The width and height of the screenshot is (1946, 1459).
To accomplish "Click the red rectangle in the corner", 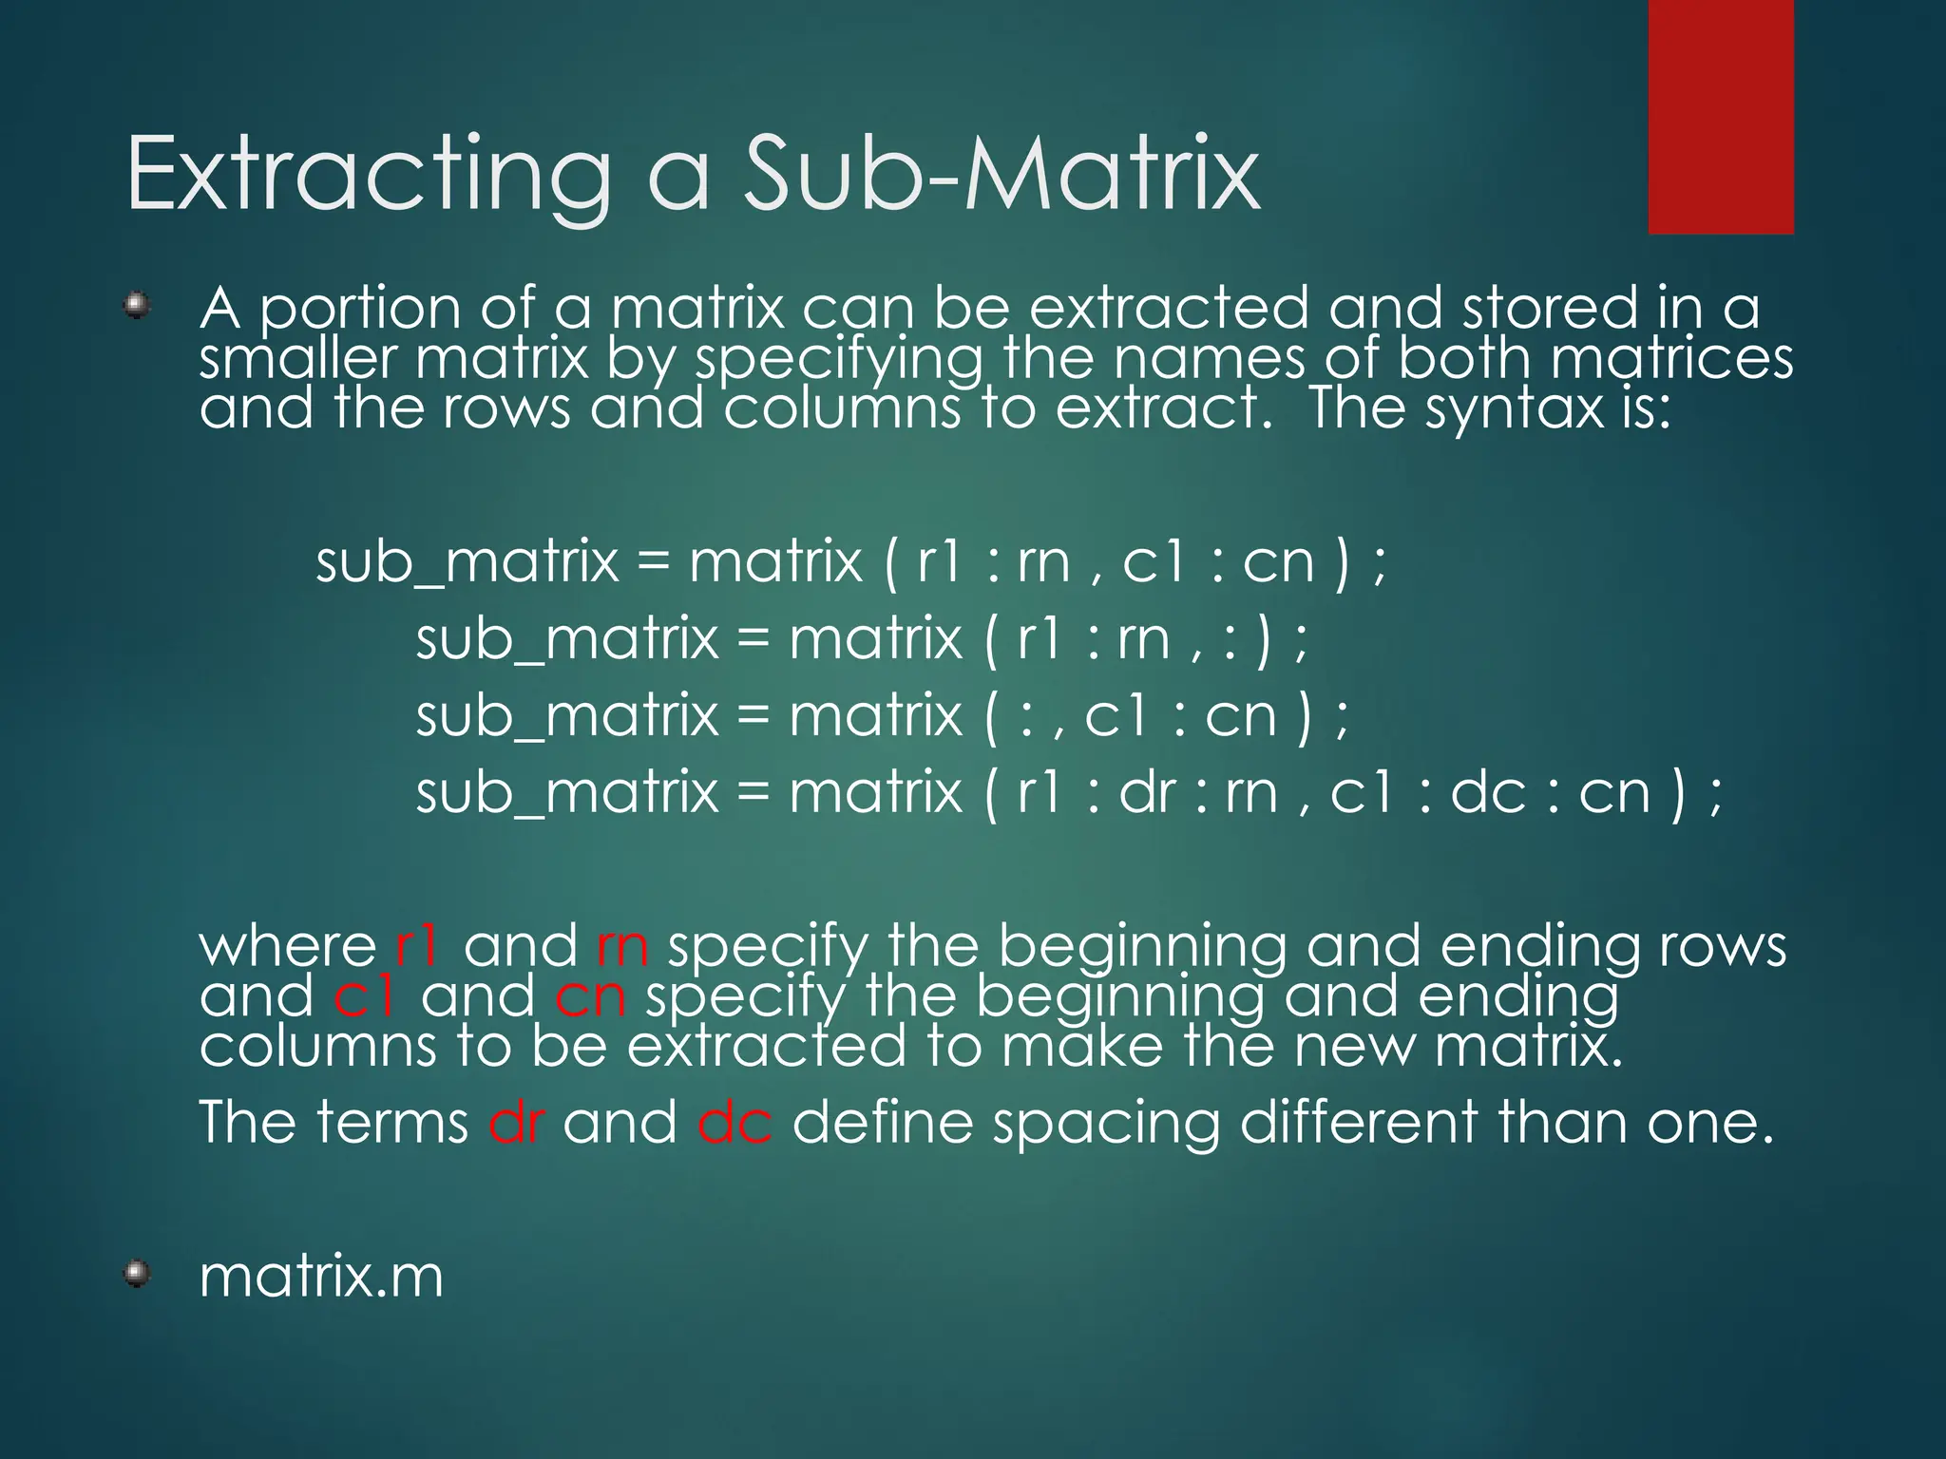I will coord(1720,116).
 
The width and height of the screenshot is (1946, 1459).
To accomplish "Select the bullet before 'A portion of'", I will coord(138,306).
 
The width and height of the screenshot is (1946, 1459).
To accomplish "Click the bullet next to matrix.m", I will coord(138,1273).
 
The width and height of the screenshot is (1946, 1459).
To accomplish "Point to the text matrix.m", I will coord(321,1276).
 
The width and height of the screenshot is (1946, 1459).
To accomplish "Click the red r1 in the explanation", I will coord(417,946).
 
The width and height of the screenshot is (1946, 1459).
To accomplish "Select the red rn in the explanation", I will coord(622,946).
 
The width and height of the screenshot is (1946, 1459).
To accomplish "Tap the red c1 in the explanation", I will coord(365,996).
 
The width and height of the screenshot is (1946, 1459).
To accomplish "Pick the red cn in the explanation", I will coord(590,996).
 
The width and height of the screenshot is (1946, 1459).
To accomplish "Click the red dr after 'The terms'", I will coord(516,1122).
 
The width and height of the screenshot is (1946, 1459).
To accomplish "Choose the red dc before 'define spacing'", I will coord(735,1122).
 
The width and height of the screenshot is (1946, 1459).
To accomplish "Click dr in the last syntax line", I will coord(1147,792).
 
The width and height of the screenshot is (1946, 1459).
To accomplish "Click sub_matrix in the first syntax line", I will coord(467,562).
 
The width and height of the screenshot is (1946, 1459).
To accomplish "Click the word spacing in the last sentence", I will coord(1106,1124).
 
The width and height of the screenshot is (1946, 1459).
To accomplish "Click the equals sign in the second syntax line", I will coord(753,638).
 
